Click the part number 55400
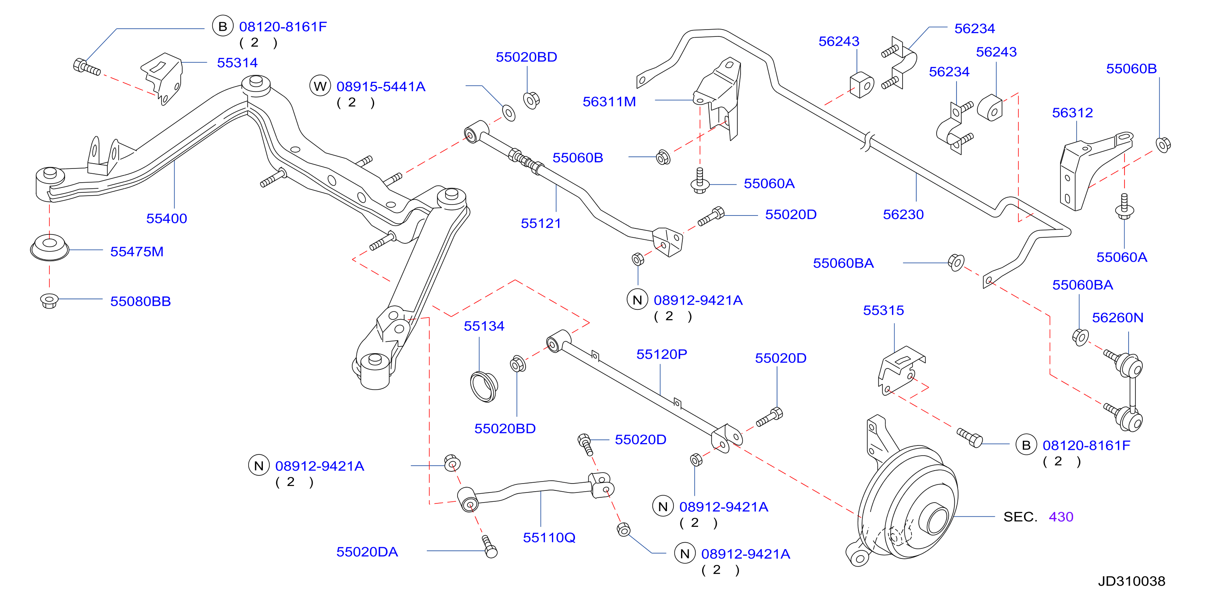pos(167,219)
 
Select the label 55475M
pos(137,251)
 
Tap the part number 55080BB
pos(140,301)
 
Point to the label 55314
pos(237,63)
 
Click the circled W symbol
pos(320,86)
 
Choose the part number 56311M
pos(609,102)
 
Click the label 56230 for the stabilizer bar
pos(903,214)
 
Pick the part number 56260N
pos(1117,318)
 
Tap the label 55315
pos(883,310)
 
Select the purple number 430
pos(1061,517)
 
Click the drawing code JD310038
pos(1131,581)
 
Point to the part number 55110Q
pos(549,538)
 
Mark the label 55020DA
pos(367,552)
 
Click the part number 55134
pos(484,326)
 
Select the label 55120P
pos(661,354)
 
